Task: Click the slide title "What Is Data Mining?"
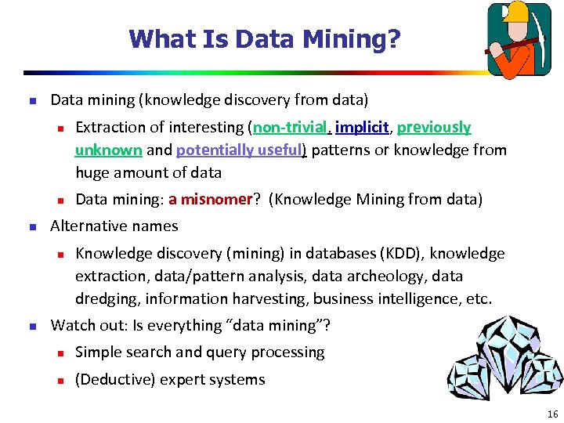click(x=265, y=38)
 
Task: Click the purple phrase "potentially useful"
click(x=240, y=150)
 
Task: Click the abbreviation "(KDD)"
click(x=399, y=253)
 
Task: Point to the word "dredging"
click(x=105, y=298)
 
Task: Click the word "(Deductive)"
click(x=115, y=380)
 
